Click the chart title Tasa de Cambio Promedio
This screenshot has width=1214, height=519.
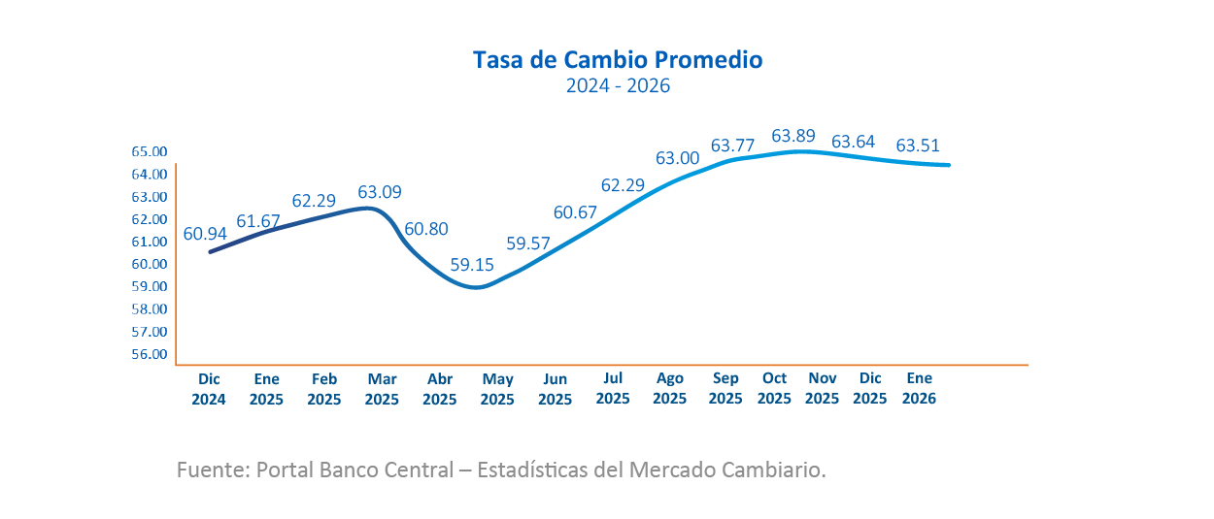pos(618,60)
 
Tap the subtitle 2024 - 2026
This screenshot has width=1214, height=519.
pos(619,86)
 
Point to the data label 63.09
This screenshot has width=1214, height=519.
pos(380,192)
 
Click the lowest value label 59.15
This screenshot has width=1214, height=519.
pos(472,264)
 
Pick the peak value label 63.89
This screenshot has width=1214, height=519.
pos(793,136)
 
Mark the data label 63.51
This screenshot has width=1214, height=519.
pos(918,146)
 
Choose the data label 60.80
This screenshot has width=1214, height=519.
pos(426,230)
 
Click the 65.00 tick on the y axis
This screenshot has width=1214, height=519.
pos(150,152)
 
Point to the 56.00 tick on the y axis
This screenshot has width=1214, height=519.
pos(150,354)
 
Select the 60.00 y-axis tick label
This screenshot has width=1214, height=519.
pos(150,264)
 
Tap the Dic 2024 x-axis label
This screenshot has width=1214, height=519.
pos(209,389)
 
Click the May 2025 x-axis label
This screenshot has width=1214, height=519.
pos(497,389)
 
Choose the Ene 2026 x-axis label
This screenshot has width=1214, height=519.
pos(919,389)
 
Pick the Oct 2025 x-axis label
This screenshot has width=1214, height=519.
pos(774,389)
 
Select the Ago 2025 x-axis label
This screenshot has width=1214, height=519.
pos(670,389)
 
